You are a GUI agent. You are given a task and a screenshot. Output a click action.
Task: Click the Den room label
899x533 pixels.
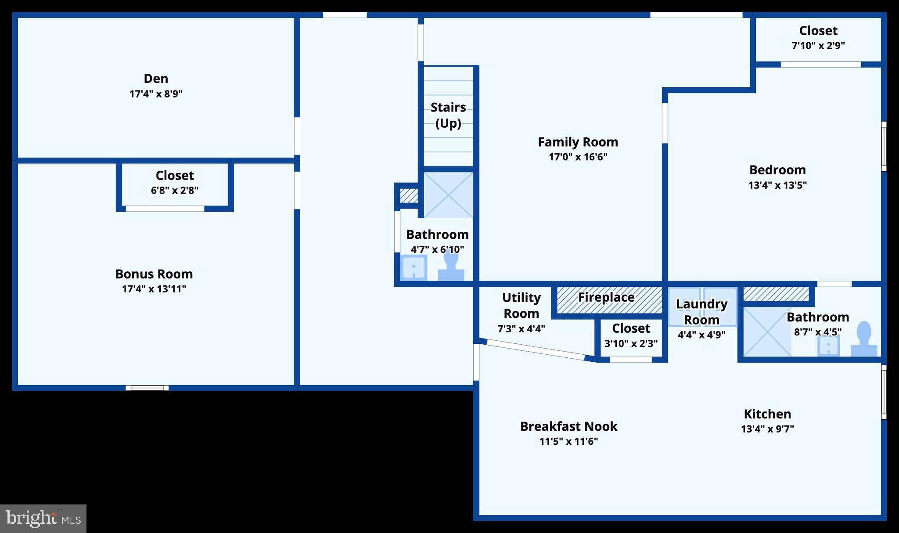coord(156,79)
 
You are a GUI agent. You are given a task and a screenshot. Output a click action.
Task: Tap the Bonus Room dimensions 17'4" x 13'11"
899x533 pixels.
coord(154,289)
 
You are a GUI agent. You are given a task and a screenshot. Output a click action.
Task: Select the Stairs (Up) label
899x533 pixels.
coord(448,115)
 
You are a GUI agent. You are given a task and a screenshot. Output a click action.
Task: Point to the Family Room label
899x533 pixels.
coord(578,142)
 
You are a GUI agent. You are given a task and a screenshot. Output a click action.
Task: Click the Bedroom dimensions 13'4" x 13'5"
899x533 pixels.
coord(777,185)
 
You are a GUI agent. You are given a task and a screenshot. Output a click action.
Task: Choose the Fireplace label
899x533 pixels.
coord(606,297)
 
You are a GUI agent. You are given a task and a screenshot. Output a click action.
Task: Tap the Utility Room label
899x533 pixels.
coord(521,306)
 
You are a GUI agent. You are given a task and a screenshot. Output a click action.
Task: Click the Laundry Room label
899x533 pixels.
coord(701,312)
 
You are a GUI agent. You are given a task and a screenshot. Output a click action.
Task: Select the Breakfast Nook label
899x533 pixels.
coord(568,426)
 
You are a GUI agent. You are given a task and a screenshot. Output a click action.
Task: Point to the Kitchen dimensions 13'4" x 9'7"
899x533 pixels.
coord(767,429)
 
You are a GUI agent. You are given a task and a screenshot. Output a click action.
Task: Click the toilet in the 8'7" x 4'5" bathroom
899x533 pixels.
coord(864,339)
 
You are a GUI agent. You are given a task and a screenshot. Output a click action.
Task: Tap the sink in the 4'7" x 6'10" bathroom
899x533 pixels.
coord(414,267)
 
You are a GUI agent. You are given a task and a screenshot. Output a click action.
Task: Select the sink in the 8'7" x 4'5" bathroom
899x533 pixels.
coord(828,346)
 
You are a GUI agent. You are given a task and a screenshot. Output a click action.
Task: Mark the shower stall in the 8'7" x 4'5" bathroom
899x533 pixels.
coord(767,331)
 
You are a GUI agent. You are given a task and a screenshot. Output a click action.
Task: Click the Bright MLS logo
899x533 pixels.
coord(43,519)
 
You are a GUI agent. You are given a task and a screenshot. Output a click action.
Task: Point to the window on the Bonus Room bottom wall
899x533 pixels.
coord(147,388)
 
